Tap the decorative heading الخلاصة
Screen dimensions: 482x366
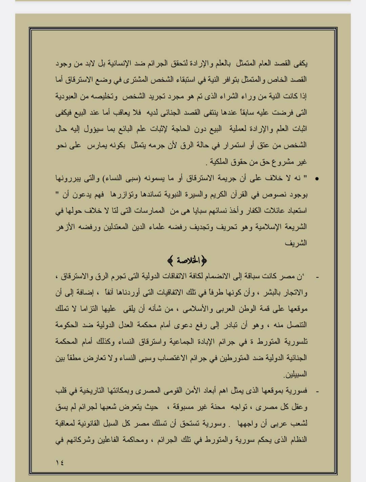click(x=187, y=261)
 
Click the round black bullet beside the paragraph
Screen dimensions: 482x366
click(x=317, y=179)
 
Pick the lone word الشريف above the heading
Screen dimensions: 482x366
click(x=299, y=243)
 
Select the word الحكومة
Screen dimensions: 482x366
click(x=67, y=325)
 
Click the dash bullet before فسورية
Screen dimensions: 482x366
click(x=317, y=391)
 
